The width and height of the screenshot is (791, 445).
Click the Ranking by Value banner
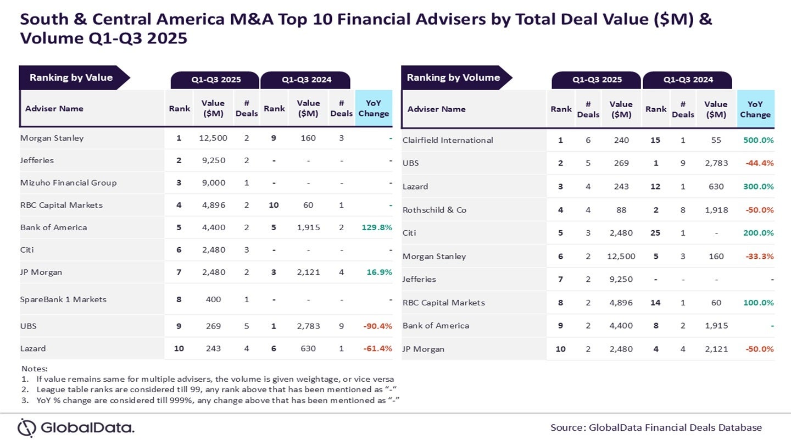71,77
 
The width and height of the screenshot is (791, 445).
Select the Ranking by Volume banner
453,77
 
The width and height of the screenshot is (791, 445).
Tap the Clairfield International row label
448,140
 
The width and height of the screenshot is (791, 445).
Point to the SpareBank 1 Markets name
63,299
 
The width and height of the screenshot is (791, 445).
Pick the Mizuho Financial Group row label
68,182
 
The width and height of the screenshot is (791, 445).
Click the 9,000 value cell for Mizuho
213,182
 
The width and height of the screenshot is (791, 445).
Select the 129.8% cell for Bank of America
376,227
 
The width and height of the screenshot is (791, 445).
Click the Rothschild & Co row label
434,210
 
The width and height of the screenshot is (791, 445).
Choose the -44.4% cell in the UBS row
759,163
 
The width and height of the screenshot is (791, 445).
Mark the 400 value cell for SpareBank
213,299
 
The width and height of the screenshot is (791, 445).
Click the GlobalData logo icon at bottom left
26,427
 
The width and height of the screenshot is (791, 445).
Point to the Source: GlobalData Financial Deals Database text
656,427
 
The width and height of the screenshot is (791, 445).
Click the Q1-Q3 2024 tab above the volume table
688,80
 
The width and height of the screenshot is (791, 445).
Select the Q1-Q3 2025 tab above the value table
215,80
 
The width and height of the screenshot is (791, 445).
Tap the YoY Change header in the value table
374,108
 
